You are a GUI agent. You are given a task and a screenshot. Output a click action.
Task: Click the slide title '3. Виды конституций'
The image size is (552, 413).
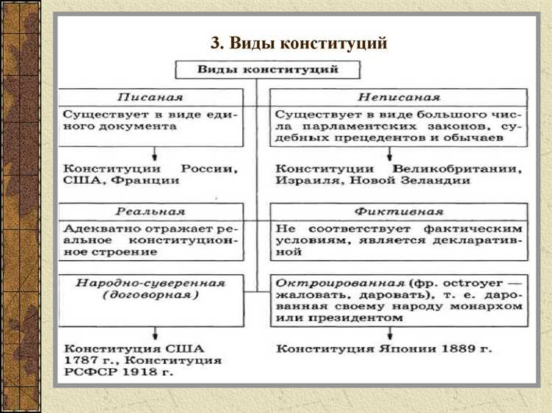pyautogui.click(x=298, y=43)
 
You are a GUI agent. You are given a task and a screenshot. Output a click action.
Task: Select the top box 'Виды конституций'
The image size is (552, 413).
pyautogui.click(x=267, y=70)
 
